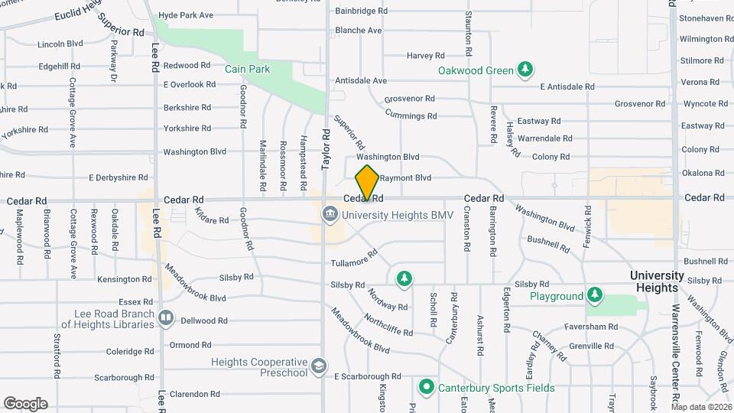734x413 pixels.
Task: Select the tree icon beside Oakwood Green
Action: (x=525, y=71)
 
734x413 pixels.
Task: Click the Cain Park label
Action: (x=247, y=69)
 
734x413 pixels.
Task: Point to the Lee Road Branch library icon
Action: (x=166, y=317)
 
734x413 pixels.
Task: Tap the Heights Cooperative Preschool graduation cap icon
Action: (x=317, y=368)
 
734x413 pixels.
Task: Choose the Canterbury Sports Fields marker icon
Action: (x=426, y=387)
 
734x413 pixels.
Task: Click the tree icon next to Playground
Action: (x=594, y=296)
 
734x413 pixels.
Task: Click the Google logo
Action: (x=25, y=404)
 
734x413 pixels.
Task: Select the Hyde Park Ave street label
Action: (x=186, y=15)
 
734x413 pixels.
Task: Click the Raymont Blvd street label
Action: (x=406, y=178)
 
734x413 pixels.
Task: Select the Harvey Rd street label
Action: (x=425, y=56)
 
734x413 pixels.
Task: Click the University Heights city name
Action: (x=657, y=281)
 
